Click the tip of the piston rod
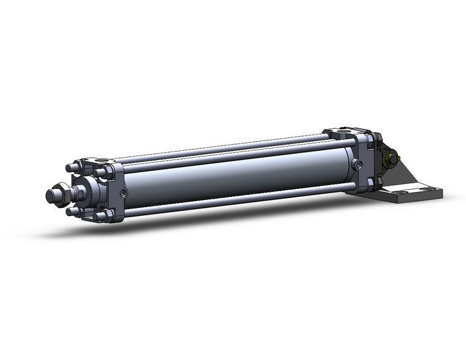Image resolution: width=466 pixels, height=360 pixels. [x=50, y=196]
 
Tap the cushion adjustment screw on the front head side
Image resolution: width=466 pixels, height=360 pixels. [x=123, y=194]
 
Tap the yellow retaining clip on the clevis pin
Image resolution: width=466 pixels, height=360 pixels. [x=388, y=161]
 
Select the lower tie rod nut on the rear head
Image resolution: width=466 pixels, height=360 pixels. [x=369, y=183]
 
